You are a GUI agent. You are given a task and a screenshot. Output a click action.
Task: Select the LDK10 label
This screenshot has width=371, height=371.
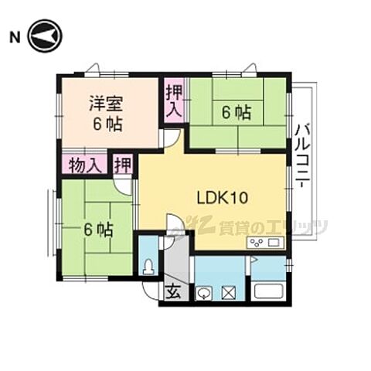coord(223,198)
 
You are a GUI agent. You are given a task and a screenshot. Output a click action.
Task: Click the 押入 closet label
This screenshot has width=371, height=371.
coord(172,100)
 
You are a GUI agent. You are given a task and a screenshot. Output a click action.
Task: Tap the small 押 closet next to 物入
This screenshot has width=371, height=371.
coord(122,164)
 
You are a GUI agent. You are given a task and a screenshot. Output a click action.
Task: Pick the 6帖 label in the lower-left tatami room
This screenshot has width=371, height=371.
coord(99,229)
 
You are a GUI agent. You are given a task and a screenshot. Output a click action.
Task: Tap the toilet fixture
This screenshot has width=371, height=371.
coord(148,267)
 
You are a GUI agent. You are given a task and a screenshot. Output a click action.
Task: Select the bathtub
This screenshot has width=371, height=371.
coord(269,294)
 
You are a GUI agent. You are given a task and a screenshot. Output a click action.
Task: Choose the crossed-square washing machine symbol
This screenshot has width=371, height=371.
coord(229,293)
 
